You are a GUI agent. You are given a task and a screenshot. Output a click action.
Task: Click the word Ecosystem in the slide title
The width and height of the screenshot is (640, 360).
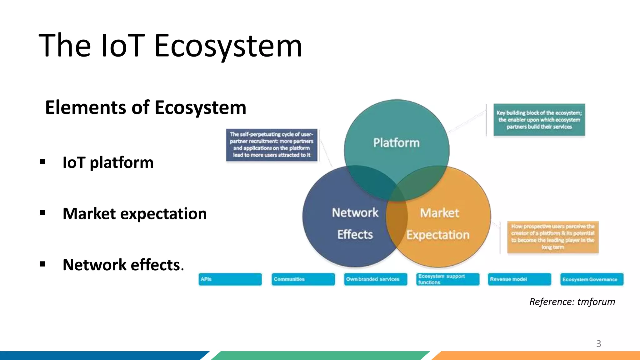coord(228,46)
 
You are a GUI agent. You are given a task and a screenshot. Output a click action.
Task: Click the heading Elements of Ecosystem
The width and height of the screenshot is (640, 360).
coord(146,107)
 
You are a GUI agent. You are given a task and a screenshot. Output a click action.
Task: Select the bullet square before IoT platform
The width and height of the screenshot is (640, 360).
coord(43,162)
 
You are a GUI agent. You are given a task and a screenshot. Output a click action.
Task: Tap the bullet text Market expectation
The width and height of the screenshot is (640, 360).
coord(135,214)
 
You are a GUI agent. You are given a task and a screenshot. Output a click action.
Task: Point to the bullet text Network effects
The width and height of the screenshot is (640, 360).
coord(123,265)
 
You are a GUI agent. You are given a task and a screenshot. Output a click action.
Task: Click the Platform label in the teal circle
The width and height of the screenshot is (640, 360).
coord(396,143)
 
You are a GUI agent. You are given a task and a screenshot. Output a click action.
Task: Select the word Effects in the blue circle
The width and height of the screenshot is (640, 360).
coord(355,234)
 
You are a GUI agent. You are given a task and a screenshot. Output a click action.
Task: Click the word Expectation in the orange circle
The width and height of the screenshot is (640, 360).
coord(438,235)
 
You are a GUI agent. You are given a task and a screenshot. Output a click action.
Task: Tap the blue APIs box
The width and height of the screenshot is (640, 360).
coord(230,279)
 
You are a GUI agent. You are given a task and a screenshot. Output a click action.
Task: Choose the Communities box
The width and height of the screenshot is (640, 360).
coord(303,279)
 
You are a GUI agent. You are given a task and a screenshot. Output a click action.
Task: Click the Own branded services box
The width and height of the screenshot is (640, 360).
coord(375,279)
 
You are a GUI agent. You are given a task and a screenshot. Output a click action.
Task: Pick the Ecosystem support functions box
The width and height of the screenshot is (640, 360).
coord(447,279)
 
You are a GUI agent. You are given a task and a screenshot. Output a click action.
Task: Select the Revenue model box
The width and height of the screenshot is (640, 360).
coord(519,279)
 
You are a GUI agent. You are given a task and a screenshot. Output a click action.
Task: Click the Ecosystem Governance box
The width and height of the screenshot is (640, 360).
coord(592,279)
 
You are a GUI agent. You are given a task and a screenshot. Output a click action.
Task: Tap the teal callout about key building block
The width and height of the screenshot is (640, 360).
coord(539,120)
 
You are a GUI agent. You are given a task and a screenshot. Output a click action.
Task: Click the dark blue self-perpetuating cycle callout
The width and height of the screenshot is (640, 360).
coord(272,145)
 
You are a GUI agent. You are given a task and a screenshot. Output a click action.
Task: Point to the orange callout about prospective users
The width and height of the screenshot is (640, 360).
coord(552,237)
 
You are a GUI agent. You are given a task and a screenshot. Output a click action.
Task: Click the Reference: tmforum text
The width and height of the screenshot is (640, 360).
coord(572,302)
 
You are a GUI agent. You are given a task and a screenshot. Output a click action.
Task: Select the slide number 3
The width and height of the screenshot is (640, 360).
coord(598,344)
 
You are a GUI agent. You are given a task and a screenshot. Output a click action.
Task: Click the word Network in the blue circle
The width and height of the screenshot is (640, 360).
coord(355,213)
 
